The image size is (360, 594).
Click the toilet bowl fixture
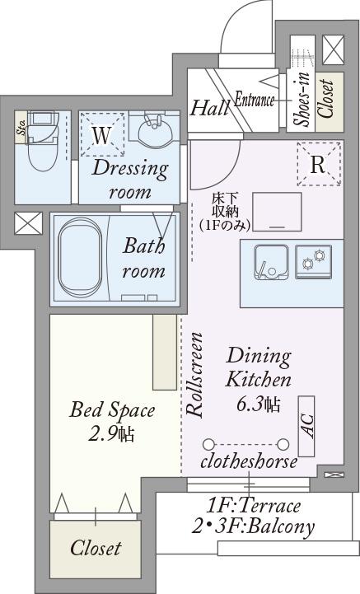43,144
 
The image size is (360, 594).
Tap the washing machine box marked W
102,134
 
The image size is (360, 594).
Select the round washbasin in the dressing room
155,130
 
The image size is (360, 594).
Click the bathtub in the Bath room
81,258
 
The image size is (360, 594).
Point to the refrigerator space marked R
319,164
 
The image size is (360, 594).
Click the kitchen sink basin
271,262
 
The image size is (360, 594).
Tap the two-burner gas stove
314,261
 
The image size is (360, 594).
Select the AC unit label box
306,426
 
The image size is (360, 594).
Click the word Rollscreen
195,375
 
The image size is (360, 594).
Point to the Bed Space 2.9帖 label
112,421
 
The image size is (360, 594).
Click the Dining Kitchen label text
259,367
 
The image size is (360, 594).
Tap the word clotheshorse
249,462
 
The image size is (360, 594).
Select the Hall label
209,108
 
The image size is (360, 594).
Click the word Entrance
255,101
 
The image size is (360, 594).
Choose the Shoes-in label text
303,99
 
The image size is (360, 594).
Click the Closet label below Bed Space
96,548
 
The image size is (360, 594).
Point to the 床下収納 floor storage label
225,212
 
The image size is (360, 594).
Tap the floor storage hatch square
277,212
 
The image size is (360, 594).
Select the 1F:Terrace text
253,506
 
